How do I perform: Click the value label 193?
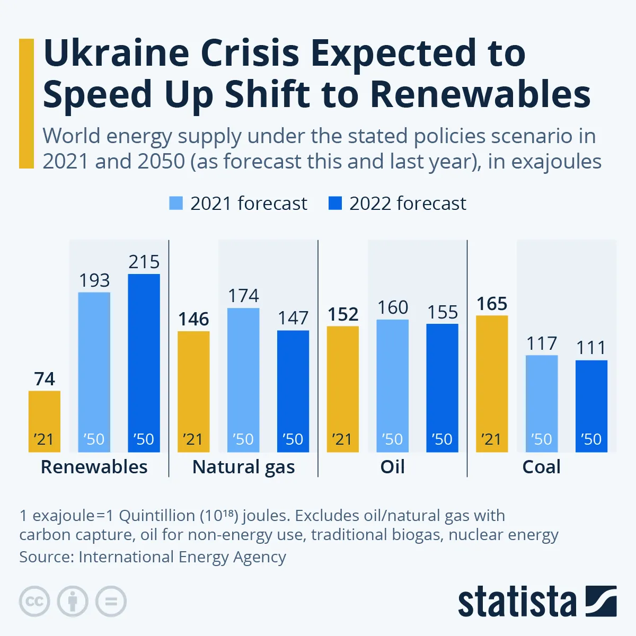click(x=94, y=280)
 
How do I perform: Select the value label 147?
click(x=293, y=318)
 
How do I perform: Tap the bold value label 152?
click(x=343, y=314)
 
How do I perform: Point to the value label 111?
click(x=591, y=348)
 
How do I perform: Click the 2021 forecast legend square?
click(x=176, y=203)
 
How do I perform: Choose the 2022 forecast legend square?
click(x=335, y=203)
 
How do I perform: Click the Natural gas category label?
click(x=243, y=467)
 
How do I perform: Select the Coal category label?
click(x=541, y=467)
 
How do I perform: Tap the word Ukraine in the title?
click(x=116, y=54)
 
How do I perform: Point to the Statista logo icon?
click(x=600, y=601)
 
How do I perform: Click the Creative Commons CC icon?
click(x=34, y=602)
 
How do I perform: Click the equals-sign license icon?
click(x=111, y=602)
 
